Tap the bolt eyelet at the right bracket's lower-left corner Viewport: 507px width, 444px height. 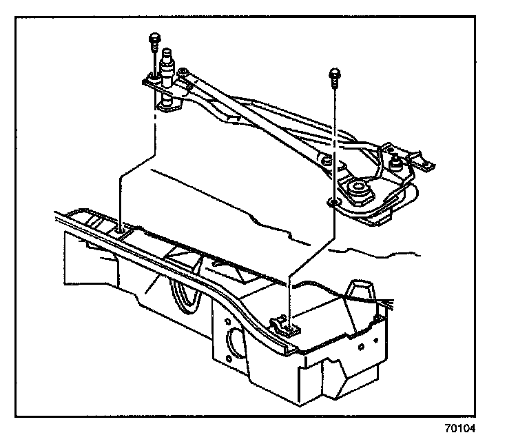point(333,202)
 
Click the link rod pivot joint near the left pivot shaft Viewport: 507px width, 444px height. point(183,72)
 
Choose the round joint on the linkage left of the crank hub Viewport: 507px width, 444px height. point(326,163)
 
